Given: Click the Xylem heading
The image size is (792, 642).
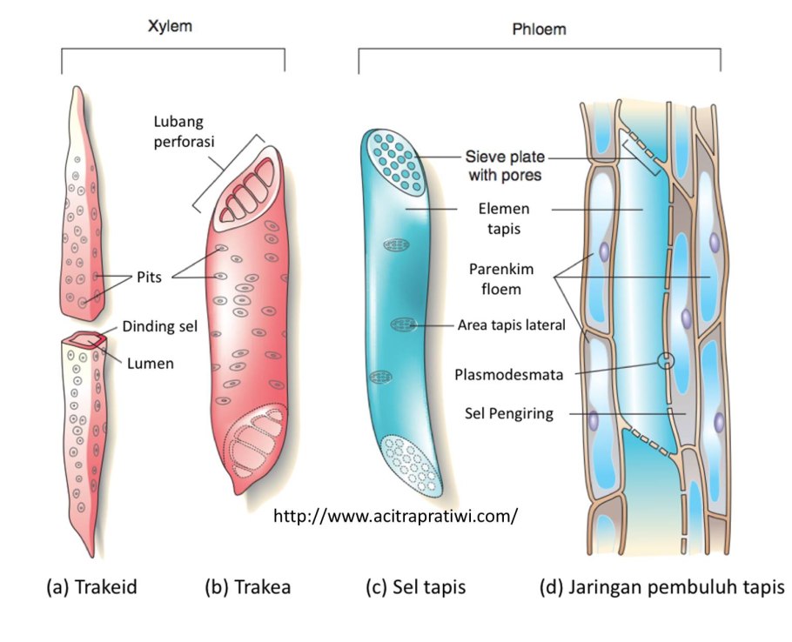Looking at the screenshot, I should (169, 26).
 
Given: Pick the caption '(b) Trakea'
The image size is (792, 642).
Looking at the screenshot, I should (247, 587).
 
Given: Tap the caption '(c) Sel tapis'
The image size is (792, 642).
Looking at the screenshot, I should (415, 587).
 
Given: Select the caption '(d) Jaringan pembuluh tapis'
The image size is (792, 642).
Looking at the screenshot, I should (661, 587).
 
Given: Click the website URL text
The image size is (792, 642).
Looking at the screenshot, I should (396, 516).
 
